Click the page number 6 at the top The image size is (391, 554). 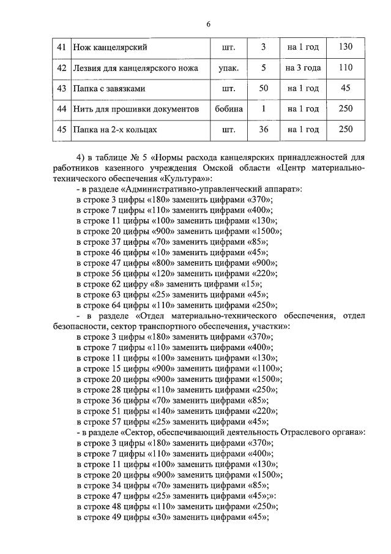click(x=208, y=24)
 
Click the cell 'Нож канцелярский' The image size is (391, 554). click(x=110, y=47)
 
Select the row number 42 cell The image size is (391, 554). click(x=61, y=67)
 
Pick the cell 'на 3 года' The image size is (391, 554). click(x=303, y=67)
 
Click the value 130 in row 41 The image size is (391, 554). click(x=346, y=47)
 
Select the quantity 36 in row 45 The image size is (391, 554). click(x=264, y=130)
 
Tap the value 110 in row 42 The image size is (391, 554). click(x=346, y=67)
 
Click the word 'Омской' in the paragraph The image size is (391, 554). click(x=234, y=168)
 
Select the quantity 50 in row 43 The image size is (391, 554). click(x=264, y=88)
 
